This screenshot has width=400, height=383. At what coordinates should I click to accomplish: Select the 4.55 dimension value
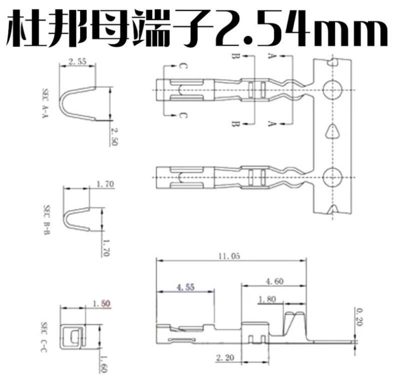coord(186,288)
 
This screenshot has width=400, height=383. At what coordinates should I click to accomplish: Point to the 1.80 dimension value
coord(266,300)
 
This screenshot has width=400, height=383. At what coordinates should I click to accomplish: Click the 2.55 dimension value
coord(77,62)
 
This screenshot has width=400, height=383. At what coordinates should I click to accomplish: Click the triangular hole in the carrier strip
coord(330,132)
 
